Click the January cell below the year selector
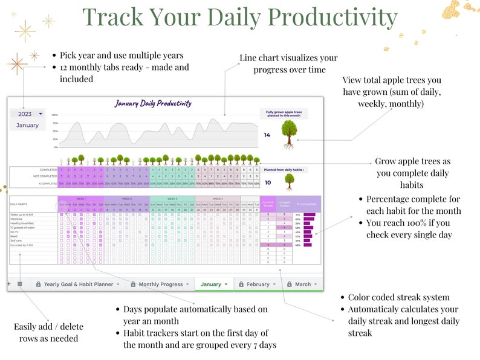[27, 125]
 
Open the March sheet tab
[303, 284]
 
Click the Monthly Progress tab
[160, 284]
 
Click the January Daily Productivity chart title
[153, 103]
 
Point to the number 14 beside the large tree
[267, 135]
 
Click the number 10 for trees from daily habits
[267, 181]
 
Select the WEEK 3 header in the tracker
[172, 198]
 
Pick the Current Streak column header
[268, 204]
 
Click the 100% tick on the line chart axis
[54, 115]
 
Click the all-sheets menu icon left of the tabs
[20, 284]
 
